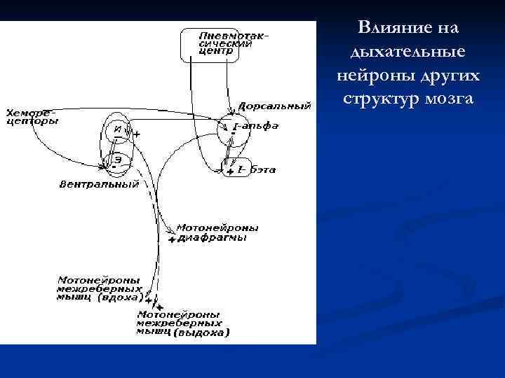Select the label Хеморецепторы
[32, 116]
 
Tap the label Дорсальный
[274, 106]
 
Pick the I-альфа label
[255, 126]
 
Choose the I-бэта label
[257, 169]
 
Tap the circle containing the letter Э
[119, 160]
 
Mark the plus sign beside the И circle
[136, 133]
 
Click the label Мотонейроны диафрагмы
[216, 232]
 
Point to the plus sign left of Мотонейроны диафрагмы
[172, 239]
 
